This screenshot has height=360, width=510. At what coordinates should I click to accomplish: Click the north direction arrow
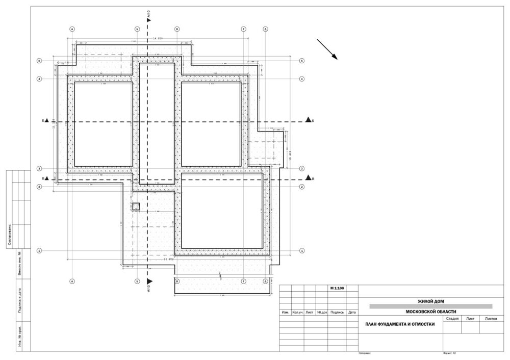(327, 49)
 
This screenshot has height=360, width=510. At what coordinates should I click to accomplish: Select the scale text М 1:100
(337, 289)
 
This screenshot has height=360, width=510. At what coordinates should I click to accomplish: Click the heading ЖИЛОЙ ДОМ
(430, 301)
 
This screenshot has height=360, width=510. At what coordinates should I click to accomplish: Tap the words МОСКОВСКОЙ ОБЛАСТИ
(430, 312)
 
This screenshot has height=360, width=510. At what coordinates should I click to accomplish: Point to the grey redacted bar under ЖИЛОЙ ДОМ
(430, 306)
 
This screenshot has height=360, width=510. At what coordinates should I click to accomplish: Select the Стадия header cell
(452, 318)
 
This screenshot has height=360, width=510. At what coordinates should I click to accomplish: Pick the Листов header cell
(491, 318)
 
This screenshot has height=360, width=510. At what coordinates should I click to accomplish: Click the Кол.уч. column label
(297, 312)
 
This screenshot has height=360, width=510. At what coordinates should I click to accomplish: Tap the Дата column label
(352, 312)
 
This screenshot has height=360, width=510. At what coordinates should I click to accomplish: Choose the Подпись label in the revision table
(337, 312)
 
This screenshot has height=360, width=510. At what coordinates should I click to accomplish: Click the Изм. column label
(286, 312)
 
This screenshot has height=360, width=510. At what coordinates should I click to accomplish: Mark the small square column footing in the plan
(136, 207)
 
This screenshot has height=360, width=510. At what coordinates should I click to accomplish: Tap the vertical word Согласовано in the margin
(9, 235)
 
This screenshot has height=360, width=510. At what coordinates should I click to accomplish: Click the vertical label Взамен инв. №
(19, 264)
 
